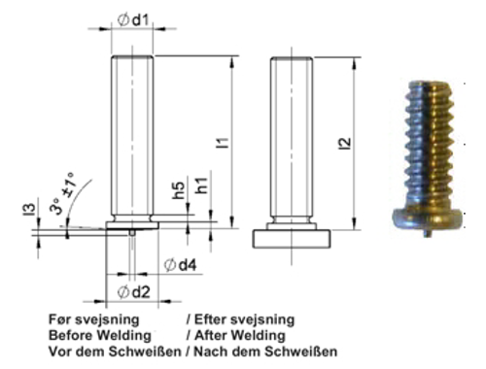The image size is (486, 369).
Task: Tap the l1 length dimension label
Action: coord(223,142)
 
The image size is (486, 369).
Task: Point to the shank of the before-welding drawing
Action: coord(133,136)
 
